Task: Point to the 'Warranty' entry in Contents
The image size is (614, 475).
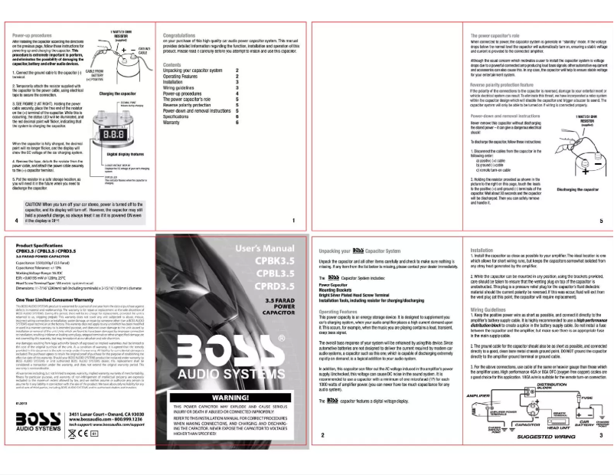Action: (175, 122)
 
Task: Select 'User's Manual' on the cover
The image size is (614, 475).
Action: (263, 250)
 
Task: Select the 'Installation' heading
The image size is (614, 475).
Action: (482, 250)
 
